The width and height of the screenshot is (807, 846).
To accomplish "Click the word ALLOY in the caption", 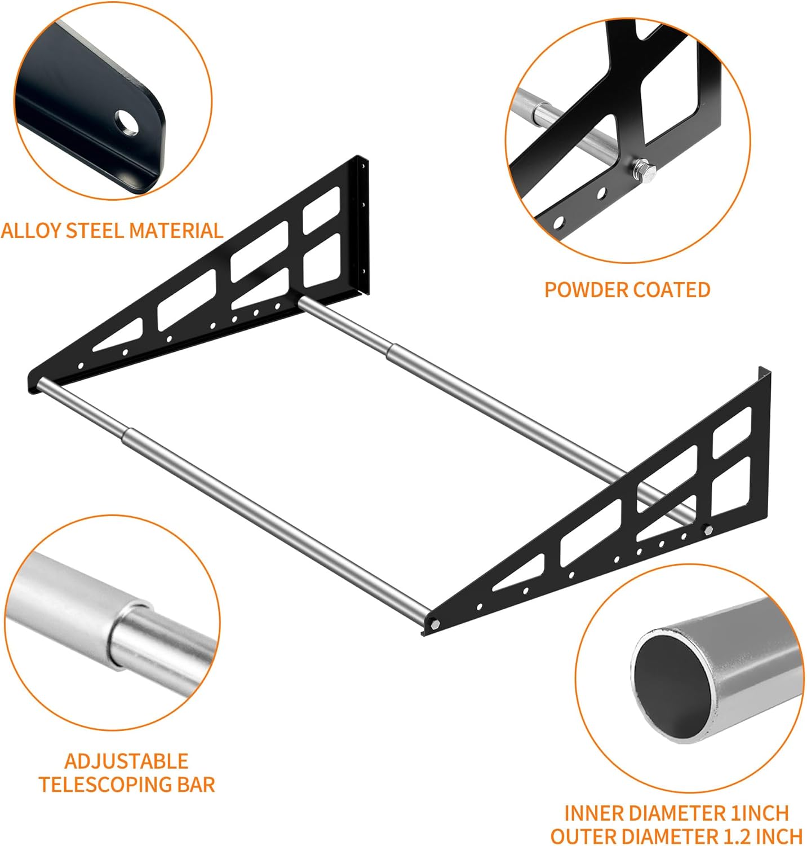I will tap(31, 231).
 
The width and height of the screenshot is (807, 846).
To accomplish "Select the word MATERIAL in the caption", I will tap(176, 231).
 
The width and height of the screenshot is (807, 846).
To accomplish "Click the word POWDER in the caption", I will tap(584, 290).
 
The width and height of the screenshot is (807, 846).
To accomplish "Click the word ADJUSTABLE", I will tap(126, 761).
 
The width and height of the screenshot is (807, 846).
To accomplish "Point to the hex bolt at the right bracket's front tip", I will tap(435, 624).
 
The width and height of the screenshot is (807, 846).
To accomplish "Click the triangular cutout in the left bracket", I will tap(119, 335).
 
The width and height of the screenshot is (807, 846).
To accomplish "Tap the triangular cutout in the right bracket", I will tap(520, 573).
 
